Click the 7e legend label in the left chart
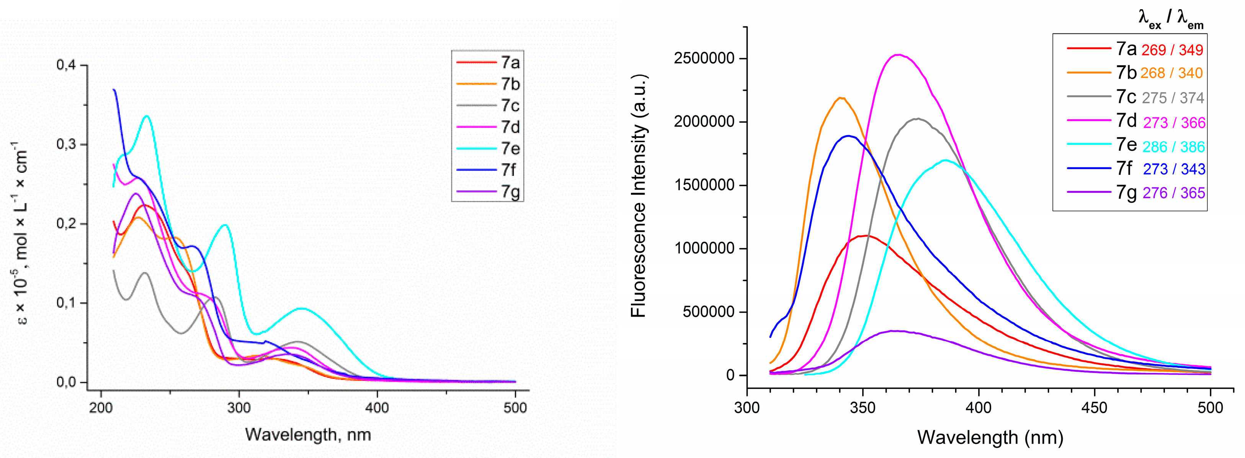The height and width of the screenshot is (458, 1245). (510, 148)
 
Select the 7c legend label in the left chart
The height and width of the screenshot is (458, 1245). (510, 105)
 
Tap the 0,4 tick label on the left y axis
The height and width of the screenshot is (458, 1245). (66, 65)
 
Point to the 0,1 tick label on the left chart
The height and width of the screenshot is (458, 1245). (66, 303)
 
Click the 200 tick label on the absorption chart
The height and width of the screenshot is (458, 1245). (101, 408)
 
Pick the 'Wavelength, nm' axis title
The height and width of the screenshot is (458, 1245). (308, 434)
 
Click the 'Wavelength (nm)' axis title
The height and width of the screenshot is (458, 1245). (990, 437)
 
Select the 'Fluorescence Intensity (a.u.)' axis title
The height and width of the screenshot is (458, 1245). (639, 195)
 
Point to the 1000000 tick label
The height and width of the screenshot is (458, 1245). (704, 249)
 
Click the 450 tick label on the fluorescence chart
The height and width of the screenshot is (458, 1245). (1094, 408)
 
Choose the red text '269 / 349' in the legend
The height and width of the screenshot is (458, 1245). (1172, 50)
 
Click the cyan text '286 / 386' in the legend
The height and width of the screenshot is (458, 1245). (1173, 146)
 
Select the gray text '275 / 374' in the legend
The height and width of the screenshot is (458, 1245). (1173, 98)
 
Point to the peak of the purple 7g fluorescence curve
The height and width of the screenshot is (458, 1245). (897, 331)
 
